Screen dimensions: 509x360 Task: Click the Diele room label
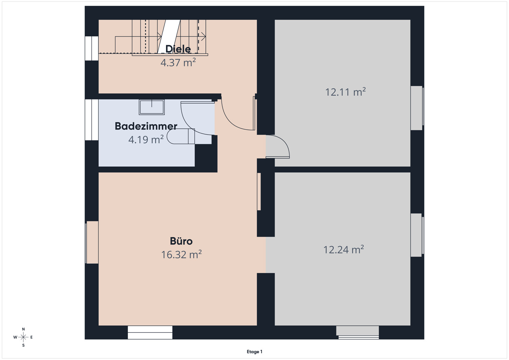pyautogui.click(x=178, y=49)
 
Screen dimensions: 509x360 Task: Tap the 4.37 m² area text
pyautogui.click(x=178, y=62)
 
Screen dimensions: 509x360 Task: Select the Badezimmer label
pyautogui.click(x=146, y=126)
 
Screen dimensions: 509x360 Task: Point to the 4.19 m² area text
pyautogui.click(x=146, y=139)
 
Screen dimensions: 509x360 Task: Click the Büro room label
pyautogui.click(x=181, y=241)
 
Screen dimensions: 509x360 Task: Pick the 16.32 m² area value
pyautogui.click(x=181, y=254)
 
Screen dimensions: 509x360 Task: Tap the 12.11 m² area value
pyautogui.click(x=345, y=92)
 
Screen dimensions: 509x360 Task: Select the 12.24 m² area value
pyautogui.click(x=343, y=249)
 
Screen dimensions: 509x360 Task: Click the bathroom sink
pyautogui.click(x=152, y=107)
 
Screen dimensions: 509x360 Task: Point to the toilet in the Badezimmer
pyautogui.click(x=181, y=136)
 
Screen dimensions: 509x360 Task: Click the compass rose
pyautogui.click(x=23, y=337)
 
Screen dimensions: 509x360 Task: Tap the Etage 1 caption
pyautogui.click(x=254, y=352)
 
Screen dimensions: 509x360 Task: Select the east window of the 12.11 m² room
pyautogui.click(x=417, y=108)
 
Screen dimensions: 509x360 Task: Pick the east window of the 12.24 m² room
pyautogui.click(x=417, y=235)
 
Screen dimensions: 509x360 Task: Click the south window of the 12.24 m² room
pyautogui.click(x=358, y=333)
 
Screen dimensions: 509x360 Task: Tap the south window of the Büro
pyautogui.click(x=150, y=333)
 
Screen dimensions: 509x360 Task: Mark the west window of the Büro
pyautogui.click(x=92, y=242)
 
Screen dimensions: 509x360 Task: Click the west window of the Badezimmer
pyautogui.click(x=92, y=120)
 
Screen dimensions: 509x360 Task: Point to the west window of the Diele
pyautogui.click(x=92, y=48)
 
